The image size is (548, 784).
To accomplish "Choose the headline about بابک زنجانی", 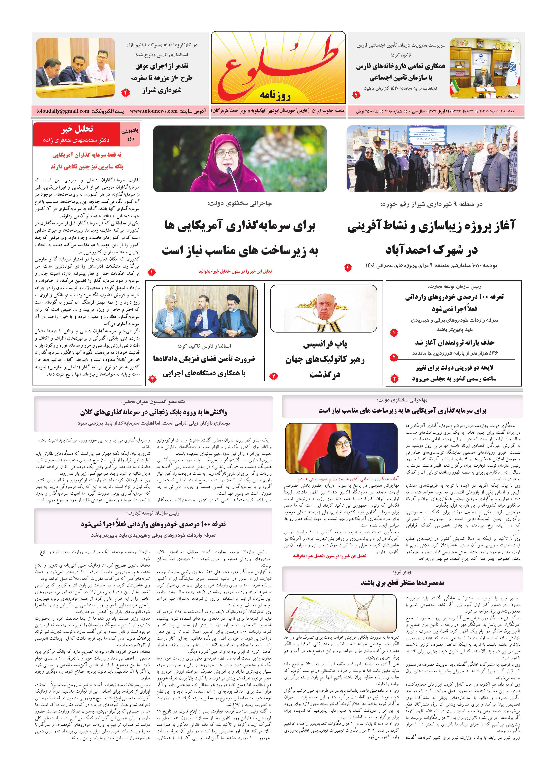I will [x=154, y=412].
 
